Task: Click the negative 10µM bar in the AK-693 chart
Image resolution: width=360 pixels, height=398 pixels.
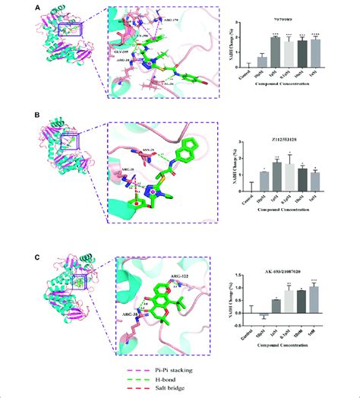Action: point(262,314)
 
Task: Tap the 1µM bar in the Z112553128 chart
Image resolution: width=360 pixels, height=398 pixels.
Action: point(276,176)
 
